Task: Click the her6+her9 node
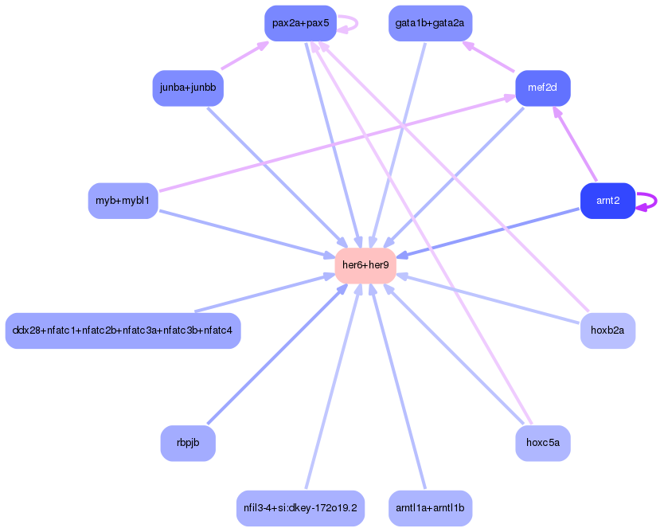click(x=365, y=265)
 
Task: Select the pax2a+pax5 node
click(x=300, y=23)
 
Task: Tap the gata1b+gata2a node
click(x=430, y=23)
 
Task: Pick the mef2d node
click(x=543, y=88)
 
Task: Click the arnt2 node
click(x=607, y=201)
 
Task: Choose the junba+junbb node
click(x=188, y=88)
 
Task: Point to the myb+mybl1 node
click(x=123, y=201)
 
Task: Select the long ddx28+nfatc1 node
click(x=123, y=331)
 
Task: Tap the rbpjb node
click(x=188, y=443)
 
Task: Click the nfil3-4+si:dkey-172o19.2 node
click(x=300, y=507)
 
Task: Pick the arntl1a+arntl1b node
click(x=430, y=507)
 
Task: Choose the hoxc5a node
click(x=543, y=443)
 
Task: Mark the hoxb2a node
click(x=607, y=331)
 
